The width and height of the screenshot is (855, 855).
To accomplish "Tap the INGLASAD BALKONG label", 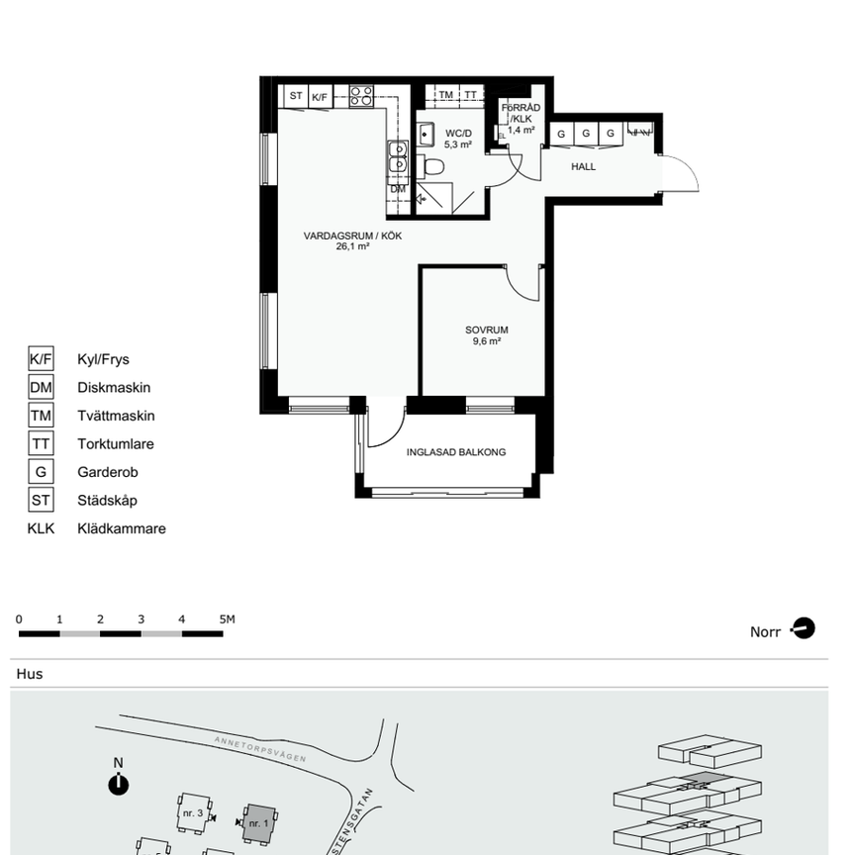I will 456,452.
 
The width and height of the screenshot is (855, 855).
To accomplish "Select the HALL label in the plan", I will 584,167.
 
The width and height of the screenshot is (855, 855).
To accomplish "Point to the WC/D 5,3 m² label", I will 458,139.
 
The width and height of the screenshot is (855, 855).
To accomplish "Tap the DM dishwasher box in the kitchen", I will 397,188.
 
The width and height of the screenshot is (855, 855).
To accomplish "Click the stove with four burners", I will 361,96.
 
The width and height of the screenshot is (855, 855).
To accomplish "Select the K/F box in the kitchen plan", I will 320,97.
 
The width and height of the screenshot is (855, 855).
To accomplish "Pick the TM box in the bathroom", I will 446,95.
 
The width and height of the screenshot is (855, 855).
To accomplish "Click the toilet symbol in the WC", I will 432,166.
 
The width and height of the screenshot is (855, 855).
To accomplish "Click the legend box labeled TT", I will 41,444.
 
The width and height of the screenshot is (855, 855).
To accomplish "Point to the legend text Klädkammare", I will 121,528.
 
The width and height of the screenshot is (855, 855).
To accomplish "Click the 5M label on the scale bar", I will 228,619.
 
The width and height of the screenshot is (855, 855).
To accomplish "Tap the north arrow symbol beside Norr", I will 804,628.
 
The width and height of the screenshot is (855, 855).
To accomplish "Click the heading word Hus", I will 30,674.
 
